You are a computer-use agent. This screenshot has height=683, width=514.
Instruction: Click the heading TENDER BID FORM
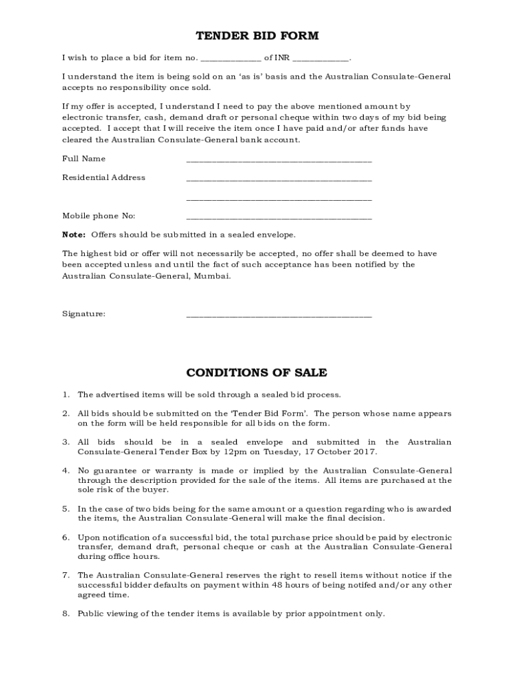tap(256, 35)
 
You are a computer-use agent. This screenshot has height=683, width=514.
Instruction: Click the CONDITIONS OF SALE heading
tap(256, 372)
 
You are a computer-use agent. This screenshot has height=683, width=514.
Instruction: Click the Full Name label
tap(84, 159)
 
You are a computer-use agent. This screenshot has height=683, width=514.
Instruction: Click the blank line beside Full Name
tap(278, 161)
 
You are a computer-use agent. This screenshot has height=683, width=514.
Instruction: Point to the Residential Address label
tap(103, 177)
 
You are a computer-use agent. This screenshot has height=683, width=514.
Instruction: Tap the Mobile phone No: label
tap(99, 215)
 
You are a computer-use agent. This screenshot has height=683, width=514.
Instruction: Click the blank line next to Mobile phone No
tap(278, 217)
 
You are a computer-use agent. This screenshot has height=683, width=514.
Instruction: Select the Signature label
tap(83, 313)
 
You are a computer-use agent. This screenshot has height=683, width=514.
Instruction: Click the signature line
tap(278, 315)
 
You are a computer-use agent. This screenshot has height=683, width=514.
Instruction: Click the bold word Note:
tap(73, 235)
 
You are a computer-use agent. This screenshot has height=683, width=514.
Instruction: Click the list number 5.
tap(66, 508)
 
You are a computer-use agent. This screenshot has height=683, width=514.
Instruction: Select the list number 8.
tap(66, 613)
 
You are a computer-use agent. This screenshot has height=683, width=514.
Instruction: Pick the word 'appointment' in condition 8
tap(333, 613)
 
